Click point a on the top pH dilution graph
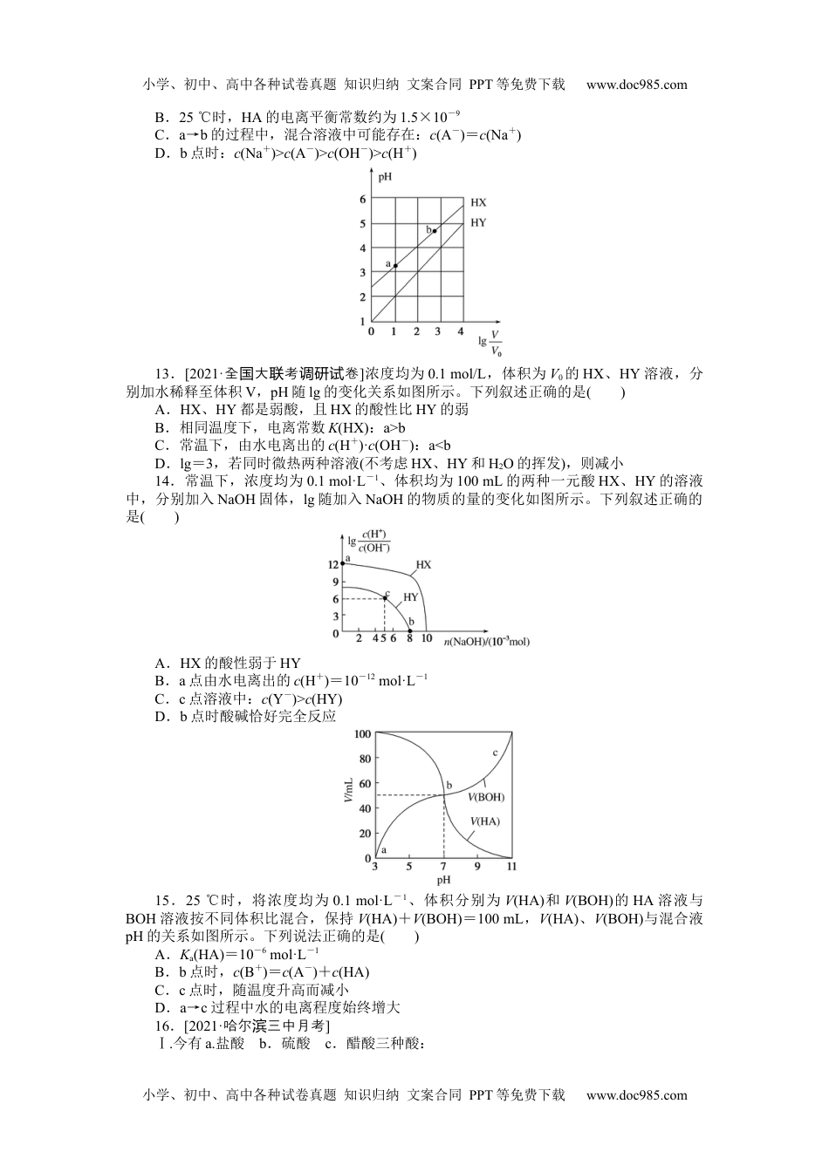394,265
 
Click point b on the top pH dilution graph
435,231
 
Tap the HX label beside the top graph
478,202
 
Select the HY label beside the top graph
478,222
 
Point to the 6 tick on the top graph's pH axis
363,199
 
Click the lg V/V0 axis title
491,343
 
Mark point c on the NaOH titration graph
385,598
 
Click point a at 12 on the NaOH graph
342,564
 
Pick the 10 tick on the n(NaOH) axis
426,639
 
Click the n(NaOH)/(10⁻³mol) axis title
486,642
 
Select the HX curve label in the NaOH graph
423,565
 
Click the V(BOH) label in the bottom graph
486,797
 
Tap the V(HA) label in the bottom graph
485,821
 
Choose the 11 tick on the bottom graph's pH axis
511,867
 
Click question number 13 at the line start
162,374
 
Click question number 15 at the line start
163,901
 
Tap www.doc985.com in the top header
636,85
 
